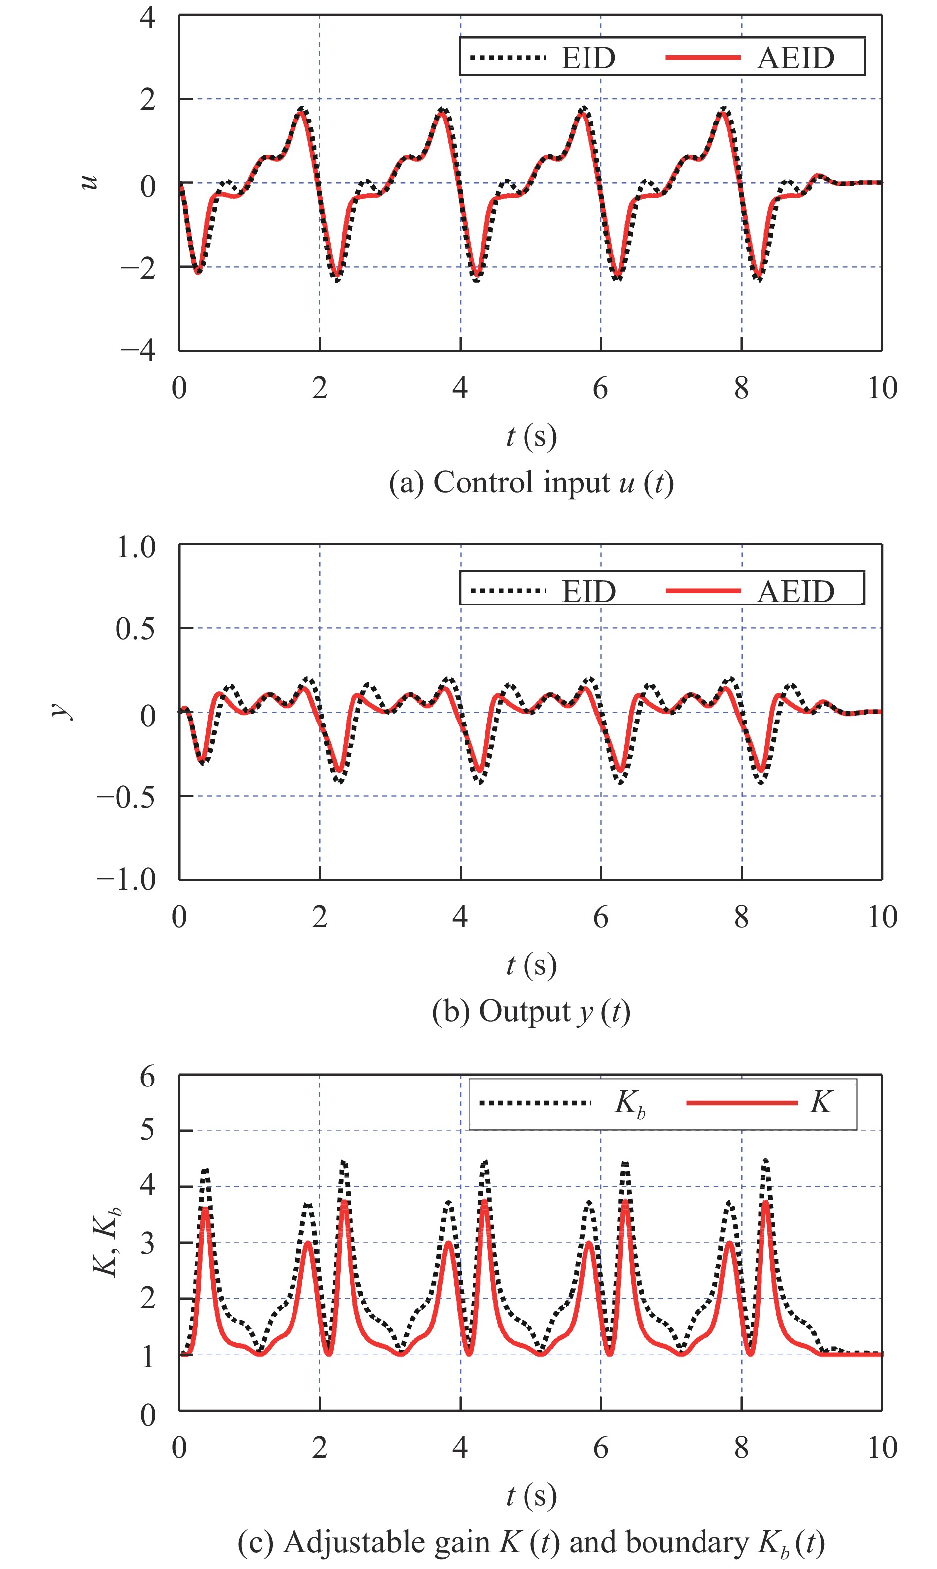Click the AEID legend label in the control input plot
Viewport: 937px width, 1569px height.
pyautogui.click(x=796, y=58)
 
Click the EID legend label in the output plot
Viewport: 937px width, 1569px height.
pyautogui.click(x=588, y=592)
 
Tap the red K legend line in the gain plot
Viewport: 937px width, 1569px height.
pyautogui.click(x=741, y=1103)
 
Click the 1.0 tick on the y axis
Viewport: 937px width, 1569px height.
pyautogui.click(x=136, y=547)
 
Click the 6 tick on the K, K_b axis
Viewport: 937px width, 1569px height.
pyautogui.click(x=147, y=1076)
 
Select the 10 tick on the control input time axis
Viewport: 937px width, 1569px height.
pyautogui.click(x=882, y=388)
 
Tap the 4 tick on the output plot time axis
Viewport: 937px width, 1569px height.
pyautogui.click(x=460, y=917)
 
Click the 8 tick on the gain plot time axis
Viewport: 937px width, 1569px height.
pyautogui.click(x=741, y=1447)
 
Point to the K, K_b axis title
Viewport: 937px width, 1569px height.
pyautogui.click(x=106, y=1242)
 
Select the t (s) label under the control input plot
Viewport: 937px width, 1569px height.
pyautogui.click(x=531, y=437)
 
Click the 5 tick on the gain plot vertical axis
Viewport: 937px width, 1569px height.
pyautogui.click(x=147, y=1130)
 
